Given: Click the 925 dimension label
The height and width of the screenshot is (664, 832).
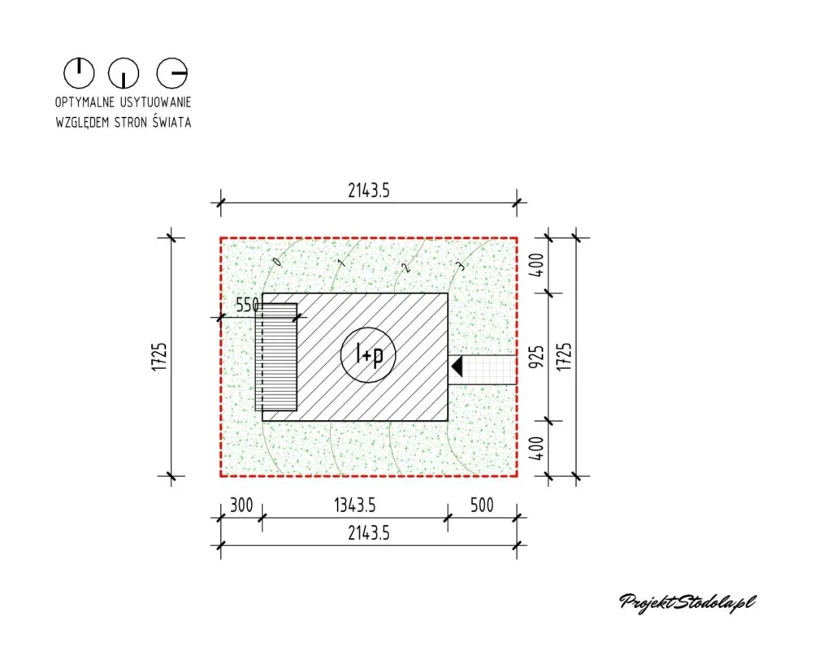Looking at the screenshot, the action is (537, 357).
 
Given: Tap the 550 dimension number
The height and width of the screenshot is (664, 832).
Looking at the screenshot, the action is (247, 306).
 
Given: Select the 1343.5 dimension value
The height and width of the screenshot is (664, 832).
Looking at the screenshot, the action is (354, 506).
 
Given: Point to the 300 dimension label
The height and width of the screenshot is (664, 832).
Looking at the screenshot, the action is (241, 506).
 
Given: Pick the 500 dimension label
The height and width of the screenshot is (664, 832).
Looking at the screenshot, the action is (482, 506).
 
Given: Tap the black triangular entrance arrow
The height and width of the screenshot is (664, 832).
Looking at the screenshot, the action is (457, 367).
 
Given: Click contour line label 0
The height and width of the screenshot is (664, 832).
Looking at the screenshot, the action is (276, 261).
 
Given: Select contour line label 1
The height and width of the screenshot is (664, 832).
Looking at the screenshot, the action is (342, 263).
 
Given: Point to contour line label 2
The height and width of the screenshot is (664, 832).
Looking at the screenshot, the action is (406, 267).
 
